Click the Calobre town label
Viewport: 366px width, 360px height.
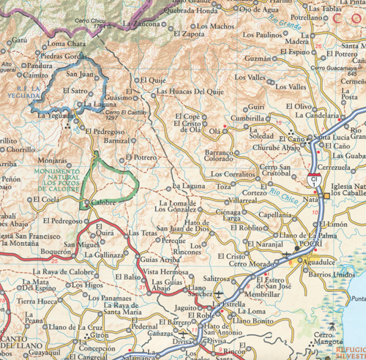click(106, 203)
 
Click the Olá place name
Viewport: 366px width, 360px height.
click(214, 131)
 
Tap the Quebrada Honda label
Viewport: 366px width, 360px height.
click(191, 12)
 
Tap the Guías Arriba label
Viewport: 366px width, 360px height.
click(160, 260)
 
